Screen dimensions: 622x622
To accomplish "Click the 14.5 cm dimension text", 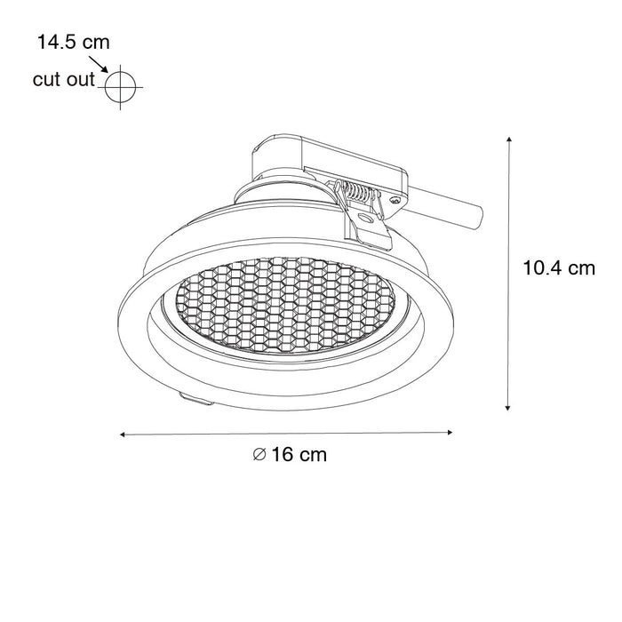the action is (x=74, y=42).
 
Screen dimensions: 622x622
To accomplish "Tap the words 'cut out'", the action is (x=64, y=79).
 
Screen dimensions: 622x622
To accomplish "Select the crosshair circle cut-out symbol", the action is (x=121, y=87).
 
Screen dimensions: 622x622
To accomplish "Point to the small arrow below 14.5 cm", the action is (x=98, y=64).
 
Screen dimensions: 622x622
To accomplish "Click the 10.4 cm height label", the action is (x=559, y=267).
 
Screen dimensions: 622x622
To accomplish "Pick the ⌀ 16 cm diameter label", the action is (x=290, y=455).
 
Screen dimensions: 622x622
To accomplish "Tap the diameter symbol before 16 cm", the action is (x=259, y=455).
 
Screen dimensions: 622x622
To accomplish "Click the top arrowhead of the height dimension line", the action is (x=508, y=140).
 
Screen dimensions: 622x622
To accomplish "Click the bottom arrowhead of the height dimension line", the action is (x=507, y=407).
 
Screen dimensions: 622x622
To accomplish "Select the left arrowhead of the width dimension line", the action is (x=123, y=435).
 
